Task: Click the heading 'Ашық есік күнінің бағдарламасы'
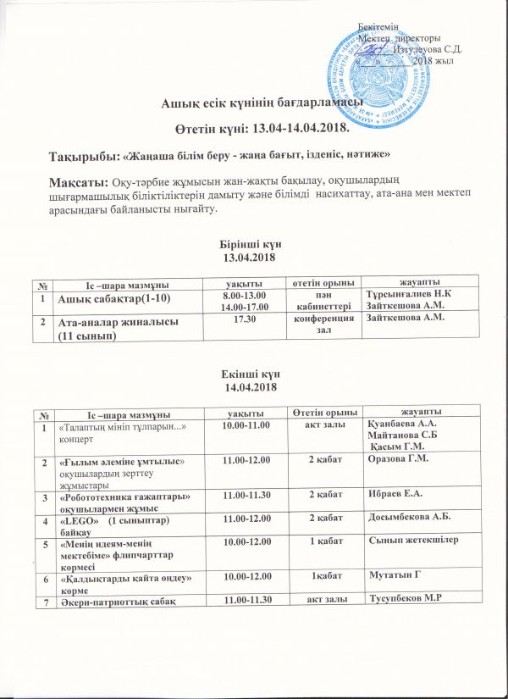262,104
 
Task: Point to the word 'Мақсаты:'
74,182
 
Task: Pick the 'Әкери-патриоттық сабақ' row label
117,601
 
